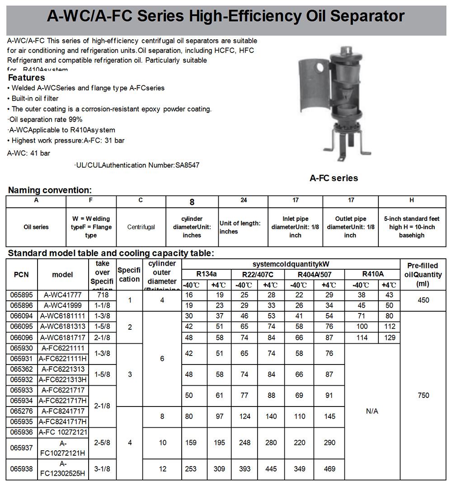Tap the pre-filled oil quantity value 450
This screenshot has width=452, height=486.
424,300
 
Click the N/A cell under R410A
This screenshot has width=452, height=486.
372,411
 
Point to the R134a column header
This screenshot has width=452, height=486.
206,274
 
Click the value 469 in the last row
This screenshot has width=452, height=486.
330,469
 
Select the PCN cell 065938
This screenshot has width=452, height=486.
22,469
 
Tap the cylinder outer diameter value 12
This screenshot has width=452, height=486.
163,469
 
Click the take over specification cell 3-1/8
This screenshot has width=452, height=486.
103,469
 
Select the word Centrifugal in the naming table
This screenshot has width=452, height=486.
141,227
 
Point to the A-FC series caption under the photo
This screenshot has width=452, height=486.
334,178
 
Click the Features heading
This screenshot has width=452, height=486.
27,78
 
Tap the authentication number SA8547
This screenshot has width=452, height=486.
187,165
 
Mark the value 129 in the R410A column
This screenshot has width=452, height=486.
389,337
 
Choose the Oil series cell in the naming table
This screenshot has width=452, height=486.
36,227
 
